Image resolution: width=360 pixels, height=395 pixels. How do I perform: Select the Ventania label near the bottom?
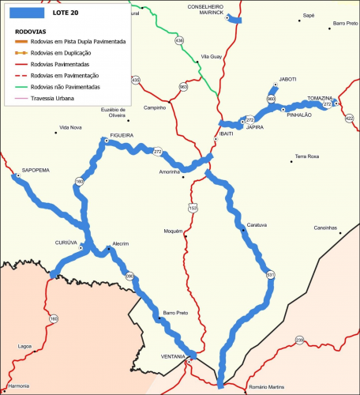point(174,357)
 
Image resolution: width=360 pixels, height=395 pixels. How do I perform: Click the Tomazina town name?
point(321,98)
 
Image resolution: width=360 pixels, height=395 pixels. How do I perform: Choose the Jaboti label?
point(287,80)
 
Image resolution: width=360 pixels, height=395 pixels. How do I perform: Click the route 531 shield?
point(271,274)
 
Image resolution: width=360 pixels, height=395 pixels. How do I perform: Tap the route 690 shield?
point(129,276)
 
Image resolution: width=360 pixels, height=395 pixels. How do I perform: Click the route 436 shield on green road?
point(179,40)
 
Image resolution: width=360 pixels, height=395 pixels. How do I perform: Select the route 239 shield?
point(299,340)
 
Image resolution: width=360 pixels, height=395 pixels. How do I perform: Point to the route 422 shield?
point(349,118)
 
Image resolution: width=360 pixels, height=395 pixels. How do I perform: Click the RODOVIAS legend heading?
point(31,32)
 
